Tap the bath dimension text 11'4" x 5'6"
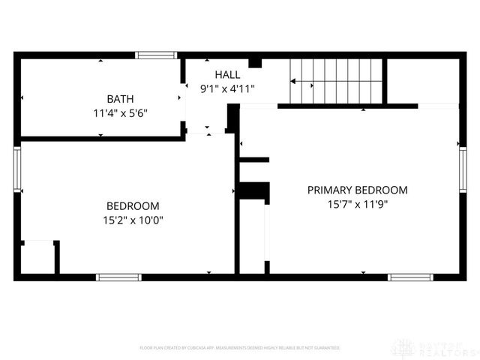pyautogui.click(x=120, y=114)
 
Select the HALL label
pyautogui.click(x=227, y=74)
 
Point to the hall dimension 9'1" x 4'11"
pyautogui.click(x=227, y=89)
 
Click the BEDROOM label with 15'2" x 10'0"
pyautogui.click(x=133, y=206)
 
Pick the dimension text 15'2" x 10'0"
pyautogui.click(x=133, y=220)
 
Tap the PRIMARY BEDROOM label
pyautogui.click(x=358, y=190)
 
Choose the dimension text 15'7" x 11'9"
pyautogui.click(x=358, y=204)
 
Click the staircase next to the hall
pyautogui.click(x=337, y=80)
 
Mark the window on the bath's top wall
pyautogui.click(x=156, y=55)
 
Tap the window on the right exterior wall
pyautogui.click(x=463, y=169)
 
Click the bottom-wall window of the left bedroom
pyautogui.click(x=118, y=277)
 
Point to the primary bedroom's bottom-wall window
pyautogui.click(x=410, y=277)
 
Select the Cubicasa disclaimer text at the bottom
pyautogui.click(x=240, y=348)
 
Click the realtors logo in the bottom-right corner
pyautogui.click(x=435, y=348)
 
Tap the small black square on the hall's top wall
pyautogui.click(x=255, y=63)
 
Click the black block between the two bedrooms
pyautogui.click(x=254, y=191)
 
